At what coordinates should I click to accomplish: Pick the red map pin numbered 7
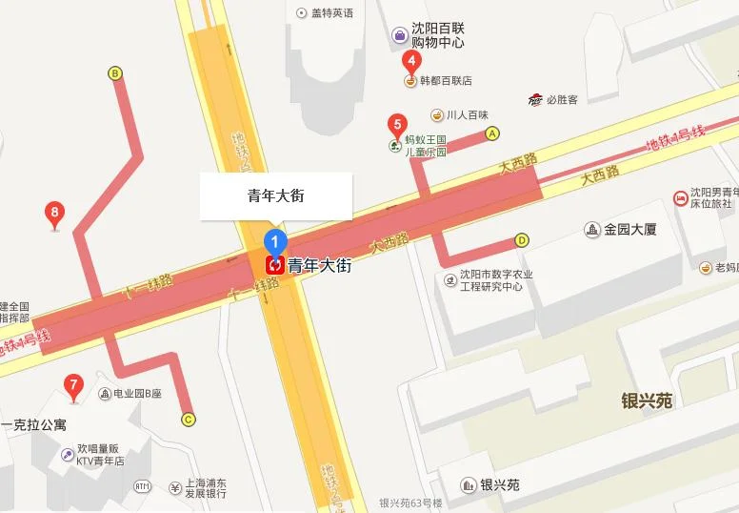[71, 387]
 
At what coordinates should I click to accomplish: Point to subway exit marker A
[492, 133]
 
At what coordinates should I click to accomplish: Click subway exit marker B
[115, 72]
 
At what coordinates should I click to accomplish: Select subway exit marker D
[522, 240]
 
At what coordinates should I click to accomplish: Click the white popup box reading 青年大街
[275, 195]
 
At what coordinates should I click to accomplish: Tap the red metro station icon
[275, 265]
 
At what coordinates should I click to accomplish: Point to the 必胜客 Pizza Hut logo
[536, 99]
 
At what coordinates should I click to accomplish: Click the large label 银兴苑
[647, 400]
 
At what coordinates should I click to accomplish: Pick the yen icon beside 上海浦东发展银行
[175, 488]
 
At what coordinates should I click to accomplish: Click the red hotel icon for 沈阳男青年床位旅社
[680, 197]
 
